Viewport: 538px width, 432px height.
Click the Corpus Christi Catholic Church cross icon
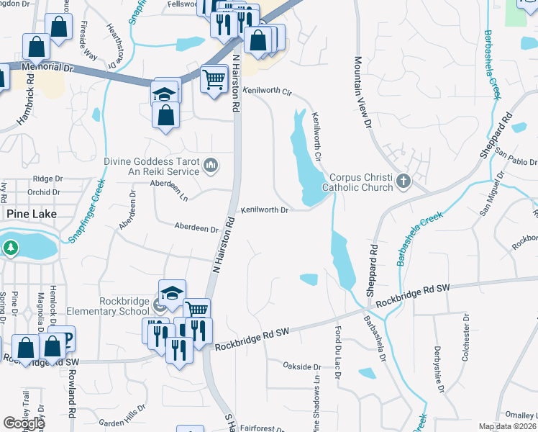[403, 180]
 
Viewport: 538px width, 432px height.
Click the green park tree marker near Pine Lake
[11, 248]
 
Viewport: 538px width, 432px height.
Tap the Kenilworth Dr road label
[265, 210]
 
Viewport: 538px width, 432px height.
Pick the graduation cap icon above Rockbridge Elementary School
[172, 292]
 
